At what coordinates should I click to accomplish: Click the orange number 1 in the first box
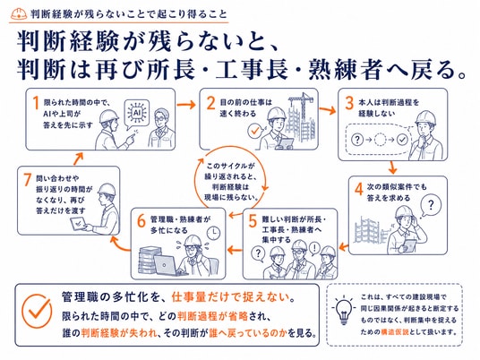pyautogui.click(x=36, y=103)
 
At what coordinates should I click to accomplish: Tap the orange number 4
pyautogui.click(x=358, y=190)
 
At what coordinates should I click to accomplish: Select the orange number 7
pyautogui.click(x=28, y=179)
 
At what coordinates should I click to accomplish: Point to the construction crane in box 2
pyautogui.click(x=302, y=106)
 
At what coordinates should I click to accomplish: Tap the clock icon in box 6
pyautogui.click(x=213, y=233)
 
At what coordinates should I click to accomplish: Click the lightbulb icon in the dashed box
pyautogui.click(x=344, y=310)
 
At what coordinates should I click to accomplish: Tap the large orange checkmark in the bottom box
pyautogui.click(x=37, y=311)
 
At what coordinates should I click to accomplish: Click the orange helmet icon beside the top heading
pyautogui.click(x=19, y=13)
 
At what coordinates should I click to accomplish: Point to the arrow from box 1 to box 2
pyautogui.click(x=186, y=105)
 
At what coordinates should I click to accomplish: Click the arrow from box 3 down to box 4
pyautogui.click(x=392, y=167)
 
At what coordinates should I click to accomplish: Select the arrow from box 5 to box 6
pyautogui.click(x=235, y=250)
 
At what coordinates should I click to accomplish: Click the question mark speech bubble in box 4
pyautogui.click(x=431, y=206)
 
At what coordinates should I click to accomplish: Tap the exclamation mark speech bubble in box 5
pyautogui.click(x=314, y=248)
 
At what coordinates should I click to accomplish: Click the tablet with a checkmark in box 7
pyautogui.click(x=79, y=224)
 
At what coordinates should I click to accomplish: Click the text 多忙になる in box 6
pyautogui.click(x=169, y=230)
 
